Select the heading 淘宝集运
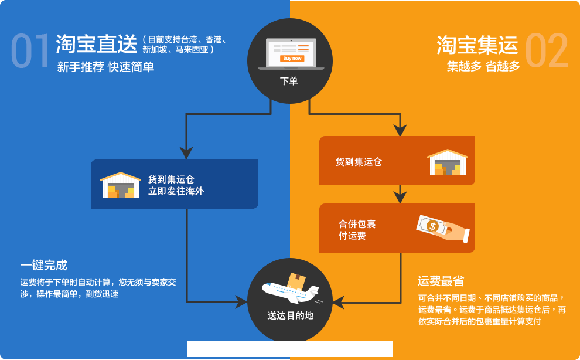pos(477,45)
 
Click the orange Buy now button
pos(292,58)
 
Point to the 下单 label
pos(289,81)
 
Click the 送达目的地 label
pos(290,315)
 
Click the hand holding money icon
pos(442,228)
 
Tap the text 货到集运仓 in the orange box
pos(359,162)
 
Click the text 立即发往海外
pos(176,191)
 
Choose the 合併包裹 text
pos(357,224)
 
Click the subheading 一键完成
pos(43,265)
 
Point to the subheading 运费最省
pos(441,281)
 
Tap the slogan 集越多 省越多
pos(483,66)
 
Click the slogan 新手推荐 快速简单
pos(105,67)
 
